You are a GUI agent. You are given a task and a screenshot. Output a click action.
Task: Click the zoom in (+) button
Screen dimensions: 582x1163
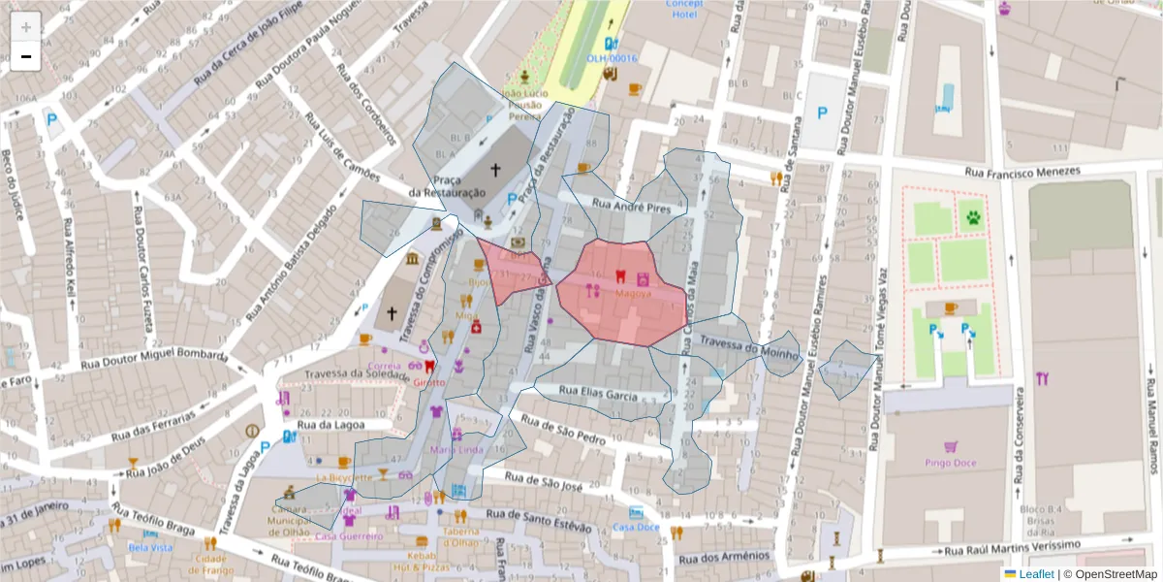coord(25,26)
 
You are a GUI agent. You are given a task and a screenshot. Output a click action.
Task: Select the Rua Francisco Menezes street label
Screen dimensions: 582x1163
coord(1022,172)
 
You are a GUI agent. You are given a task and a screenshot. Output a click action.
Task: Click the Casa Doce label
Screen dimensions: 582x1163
coord(636,527)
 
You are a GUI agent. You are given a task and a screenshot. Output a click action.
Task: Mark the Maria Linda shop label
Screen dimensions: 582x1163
coord(456,450)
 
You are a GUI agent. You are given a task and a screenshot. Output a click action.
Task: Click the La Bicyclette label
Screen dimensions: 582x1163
coord(344,477)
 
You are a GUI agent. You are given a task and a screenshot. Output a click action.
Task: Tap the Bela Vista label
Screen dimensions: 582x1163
coord(151,547)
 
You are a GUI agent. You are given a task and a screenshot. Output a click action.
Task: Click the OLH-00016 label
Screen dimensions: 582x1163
coord(612,58)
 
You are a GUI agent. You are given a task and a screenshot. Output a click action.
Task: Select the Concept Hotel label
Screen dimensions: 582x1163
coord(683,9)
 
